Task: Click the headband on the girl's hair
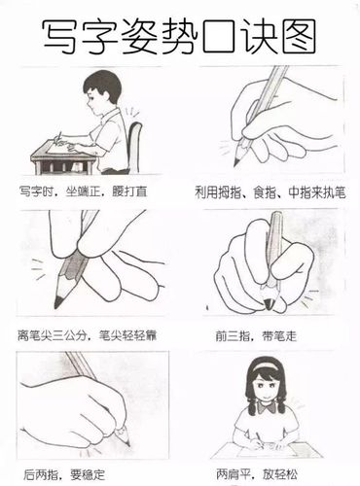pos(269,365)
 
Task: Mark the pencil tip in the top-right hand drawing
pos(236,162)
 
